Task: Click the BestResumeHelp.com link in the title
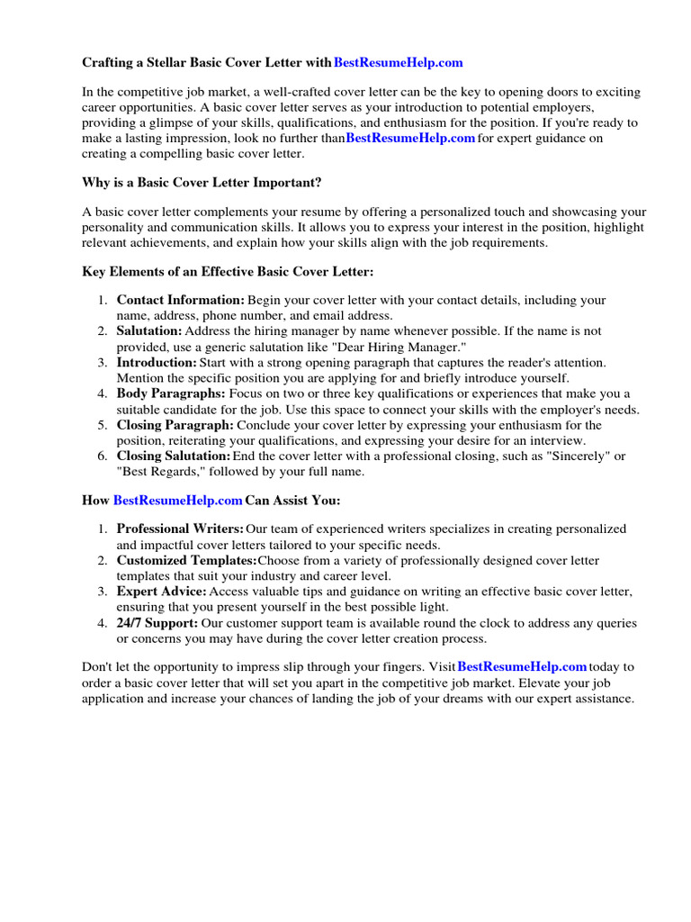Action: (x=399, y=63)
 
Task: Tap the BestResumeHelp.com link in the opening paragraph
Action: (x=410, y=138)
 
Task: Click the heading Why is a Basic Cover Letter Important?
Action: (x=202, y=183)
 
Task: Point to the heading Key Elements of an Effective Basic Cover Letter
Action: (x=228, y=271)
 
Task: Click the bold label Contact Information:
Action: (x=180, y=300)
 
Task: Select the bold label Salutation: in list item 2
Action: (x=148, y=331)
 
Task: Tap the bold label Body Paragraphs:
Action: (x=171, y=393)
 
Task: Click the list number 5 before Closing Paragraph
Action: (x=102, y=425)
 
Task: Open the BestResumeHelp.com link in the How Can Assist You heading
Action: (x=178, y=501)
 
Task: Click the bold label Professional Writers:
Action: (x=180, y=529)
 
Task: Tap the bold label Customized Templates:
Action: (x=186, y=561)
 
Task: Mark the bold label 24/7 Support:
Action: (x=157, y=623)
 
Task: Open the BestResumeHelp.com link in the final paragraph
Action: (x=522, y=667)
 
